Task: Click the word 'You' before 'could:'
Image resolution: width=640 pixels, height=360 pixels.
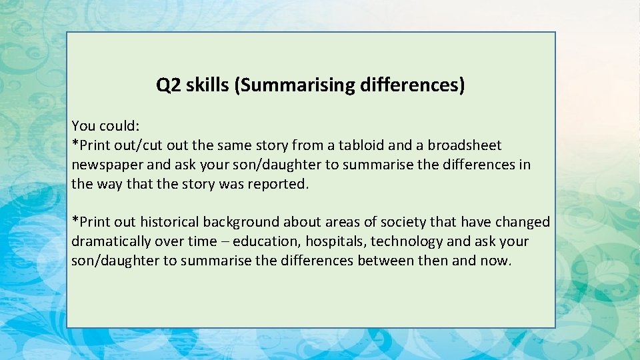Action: click(83, 125)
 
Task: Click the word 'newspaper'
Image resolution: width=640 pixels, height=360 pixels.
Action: click(103, 164)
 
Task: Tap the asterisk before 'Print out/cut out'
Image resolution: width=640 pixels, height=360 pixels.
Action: click(75, 143)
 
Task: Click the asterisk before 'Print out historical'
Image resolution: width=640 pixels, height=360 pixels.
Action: click(75, 220)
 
